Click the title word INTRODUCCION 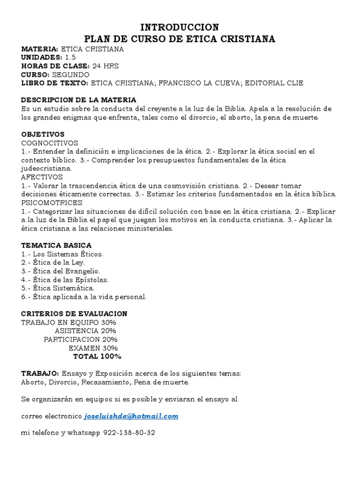click(180, 27)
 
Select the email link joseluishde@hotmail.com click(131, 416)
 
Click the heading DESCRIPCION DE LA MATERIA click(79, 100)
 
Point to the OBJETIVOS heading click(43, 134)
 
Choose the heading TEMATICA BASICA click(56, 245)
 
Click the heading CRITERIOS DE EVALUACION click(74, 313)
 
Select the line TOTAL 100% click(97, 356)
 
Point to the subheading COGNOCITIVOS click(50, 143)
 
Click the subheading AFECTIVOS click(42, 177)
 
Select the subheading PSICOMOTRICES click(52, 202)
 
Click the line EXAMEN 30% click(93, 348)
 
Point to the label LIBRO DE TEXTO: click(54, 83)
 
